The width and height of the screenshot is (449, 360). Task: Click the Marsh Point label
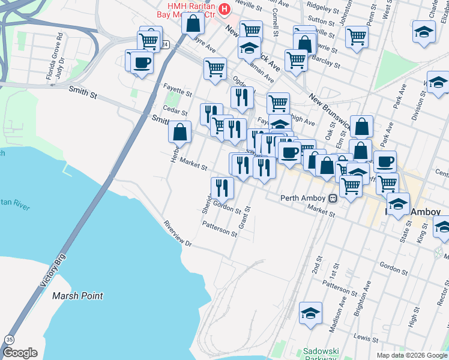[77, 296]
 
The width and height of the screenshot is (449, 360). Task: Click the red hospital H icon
[224, 9]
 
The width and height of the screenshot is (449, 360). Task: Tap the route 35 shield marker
[9, 340]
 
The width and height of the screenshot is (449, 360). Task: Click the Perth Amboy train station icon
[332, 198]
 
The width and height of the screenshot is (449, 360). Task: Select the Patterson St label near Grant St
[220, 229]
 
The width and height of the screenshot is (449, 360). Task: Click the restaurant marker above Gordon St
[222, 188]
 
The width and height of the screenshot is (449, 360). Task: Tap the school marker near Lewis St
[310, 313]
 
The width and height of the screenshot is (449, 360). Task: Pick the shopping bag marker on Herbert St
[179, 131]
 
